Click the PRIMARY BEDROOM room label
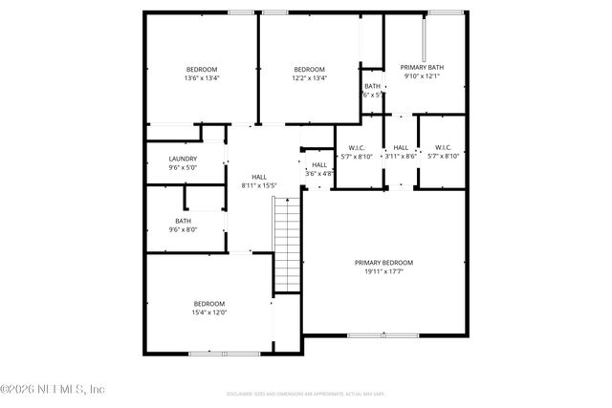click(x=383, y=263)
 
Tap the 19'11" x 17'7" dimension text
click(x=383, y=271)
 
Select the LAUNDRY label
click(x=183, y=159)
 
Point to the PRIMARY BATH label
click(x=422, y=68)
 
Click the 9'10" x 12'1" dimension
click(x=422, y=76)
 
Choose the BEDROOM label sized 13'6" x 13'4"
click(x=202, y=70)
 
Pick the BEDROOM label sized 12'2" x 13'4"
click(x=309, y=70)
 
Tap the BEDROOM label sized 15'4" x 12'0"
click(x=209, y=303)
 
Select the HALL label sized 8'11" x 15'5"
click(x=259, y=177)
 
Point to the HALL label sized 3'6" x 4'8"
click(x=318, y=165)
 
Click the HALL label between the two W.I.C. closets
click(x=401, y=147)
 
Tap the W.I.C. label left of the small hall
click(x=357, y=147)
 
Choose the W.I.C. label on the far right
click(x=444, y=147)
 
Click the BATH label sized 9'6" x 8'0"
click(x=183, y=221)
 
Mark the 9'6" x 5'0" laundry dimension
click(x=183, y=167)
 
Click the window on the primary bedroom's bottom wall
click(x=382, y=334)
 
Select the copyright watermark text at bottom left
click(x=53, y=388)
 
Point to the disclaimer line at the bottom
click(x=306, y=393)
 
